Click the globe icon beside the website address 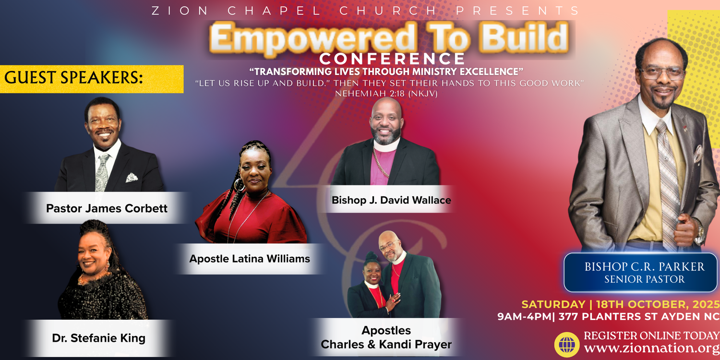(x=567, y=345)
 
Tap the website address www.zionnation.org (x=651, y=348)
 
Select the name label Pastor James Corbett (x=107, y=208)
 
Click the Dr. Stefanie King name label (x=99, y=338)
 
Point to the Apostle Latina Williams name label (x=250, y=258)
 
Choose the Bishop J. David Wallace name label (x=391, y=200)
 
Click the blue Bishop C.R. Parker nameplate (x=640, y=273)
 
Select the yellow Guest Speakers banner (x=92, y=79)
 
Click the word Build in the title (x=525, y=37)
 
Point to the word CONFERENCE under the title (x=392, y=59)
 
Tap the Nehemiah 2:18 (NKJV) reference (x=386, y=94)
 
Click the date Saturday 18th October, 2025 (x=620, y=304)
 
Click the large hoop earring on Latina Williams (x=239, y=185)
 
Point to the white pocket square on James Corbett (x=132, y=178)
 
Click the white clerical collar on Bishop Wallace (x=386, y=145)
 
